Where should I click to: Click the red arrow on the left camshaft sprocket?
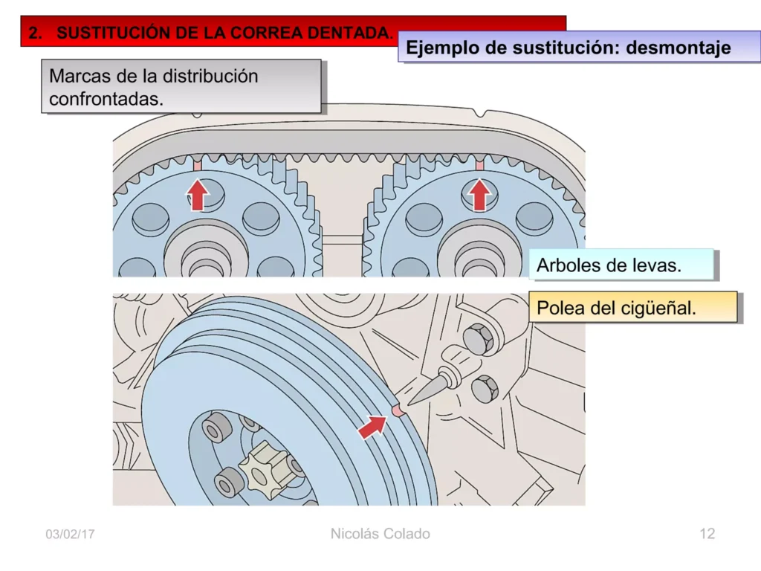(198, 195)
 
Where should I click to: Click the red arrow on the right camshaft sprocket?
(480, 195)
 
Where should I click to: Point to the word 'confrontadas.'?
(106, 99)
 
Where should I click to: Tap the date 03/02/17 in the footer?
(70, 535)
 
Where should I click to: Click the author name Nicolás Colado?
(380, 534)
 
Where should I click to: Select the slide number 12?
(707, 534)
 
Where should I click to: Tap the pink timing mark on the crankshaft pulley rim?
(398, 410)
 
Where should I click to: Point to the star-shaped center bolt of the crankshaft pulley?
(266, 468)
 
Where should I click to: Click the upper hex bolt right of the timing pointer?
(478, 339)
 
